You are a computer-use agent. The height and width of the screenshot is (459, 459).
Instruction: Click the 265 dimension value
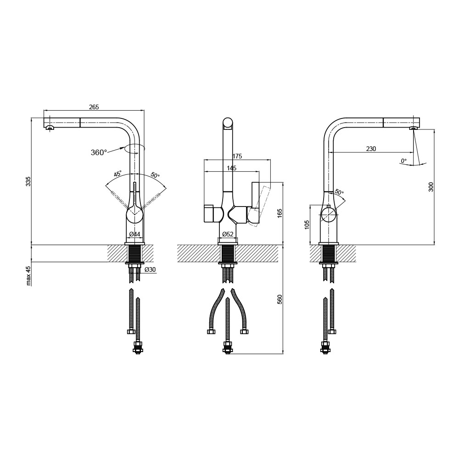point(94,107)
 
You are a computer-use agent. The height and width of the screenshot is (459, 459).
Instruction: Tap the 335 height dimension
point(28,181)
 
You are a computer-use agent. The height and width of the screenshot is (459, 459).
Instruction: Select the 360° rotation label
point(99,152)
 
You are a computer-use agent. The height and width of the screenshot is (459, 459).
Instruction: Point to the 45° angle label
point(118,174)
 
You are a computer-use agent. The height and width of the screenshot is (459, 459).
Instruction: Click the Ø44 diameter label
point(134,234)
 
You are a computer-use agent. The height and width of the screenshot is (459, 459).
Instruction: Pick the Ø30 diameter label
point(150,269)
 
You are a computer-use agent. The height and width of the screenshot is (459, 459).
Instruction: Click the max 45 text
point(28,276)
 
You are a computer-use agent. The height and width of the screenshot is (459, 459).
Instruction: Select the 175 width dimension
point(237,157)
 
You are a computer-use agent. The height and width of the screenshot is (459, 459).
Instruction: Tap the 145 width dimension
point(231,168)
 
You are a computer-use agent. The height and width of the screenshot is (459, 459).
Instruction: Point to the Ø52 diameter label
point(228,234)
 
